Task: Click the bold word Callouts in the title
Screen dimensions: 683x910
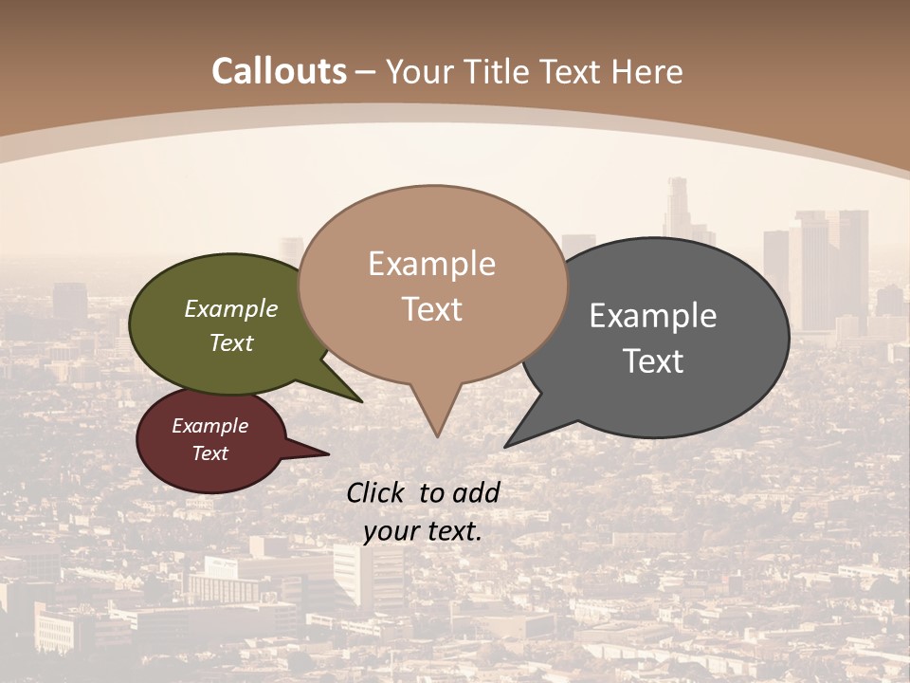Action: click(x=279, y=71)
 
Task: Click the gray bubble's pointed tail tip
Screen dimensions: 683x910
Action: click(x=506, y=446)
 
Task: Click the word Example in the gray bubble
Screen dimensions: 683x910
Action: click(x=653, y=316)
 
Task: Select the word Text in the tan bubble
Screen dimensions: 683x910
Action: click(x=432, y=309)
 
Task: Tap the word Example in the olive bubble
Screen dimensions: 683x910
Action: click(x=231, y=309)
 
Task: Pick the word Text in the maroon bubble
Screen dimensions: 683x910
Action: click(x=210, y=453)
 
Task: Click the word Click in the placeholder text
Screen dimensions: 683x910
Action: click(x=378, y=492)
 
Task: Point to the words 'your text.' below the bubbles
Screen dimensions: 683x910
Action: click(x=423, y=531)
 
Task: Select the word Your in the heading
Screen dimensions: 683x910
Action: click(x=420, y=71)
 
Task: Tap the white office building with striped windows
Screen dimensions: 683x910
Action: click(x=367, y=575)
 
